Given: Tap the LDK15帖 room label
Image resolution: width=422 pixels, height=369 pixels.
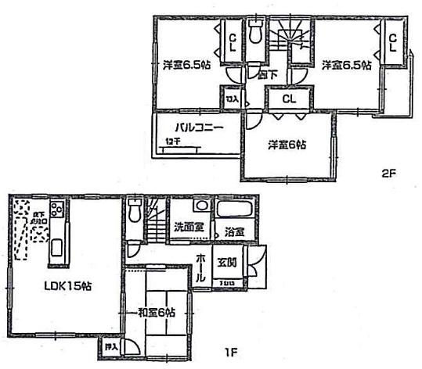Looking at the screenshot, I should pyautogui.click(x=67, y=286).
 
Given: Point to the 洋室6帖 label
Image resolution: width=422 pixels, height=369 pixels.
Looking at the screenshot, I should pyautogui.click(x=287, y=145).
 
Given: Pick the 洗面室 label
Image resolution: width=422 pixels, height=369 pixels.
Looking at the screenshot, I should pyautogui.click(x=189, y=227).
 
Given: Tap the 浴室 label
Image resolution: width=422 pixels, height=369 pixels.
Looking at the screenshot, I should pyautogui.click(x=234, y=231).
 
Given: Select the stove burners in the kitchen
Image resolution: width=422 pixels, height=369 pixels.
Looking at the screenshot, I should pyautogui.click(x=56, y=209).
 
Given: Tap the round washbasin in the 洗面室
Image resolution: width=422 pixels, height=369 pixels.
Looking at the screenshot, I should pyautogui.click(x=200, y=206).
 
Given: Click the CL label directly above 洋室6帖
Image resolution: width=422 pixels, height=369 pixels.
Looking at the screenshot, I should pyautogui.click(x=288, y=99).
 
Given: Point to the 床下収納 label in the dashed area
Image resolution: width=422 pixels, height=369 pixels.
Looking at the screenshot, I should pyautogui.click(x=38, y=218).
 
